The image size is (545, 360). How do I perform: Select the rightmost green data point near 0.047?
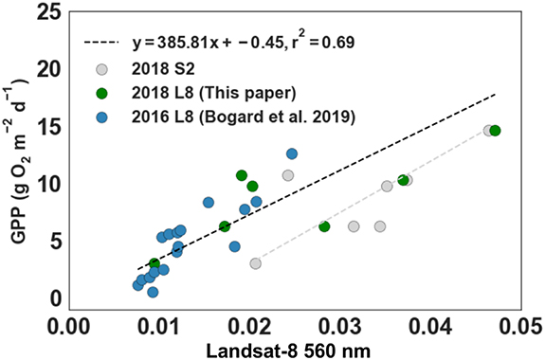coord(495,131)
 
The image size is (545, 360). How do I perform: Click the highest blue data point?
coord(292,153)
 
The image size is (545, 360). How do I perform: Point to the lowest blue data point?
coord(153,293)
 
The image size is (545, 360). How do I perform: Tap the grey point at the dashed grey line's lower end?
coord(255,263)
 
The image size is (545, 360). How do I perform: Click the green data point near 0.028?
coord(324,226)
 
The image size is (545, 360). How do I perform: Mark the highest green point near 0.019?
coord(242,175)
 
